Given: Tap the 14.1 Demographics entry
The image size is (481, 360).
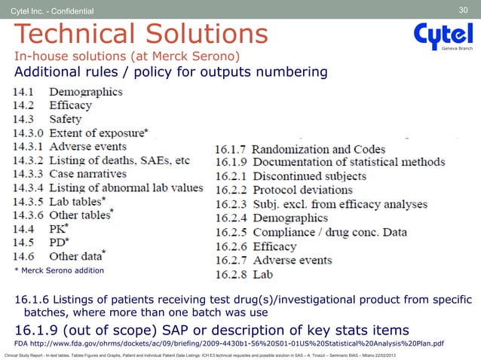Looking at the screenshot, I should pyautogui.click(x=67, y=92).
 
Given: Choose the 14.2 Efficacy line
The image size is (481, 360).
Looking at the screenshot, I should pyautogui.click(x=60, y=105).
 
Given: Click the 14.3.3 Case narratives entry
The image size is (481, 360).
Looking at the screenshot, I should pyautogui.click(x=76, y=174).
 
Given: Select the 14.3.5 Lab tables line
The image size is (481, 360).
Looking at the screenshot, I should pyautogui.click(x=69, y=201).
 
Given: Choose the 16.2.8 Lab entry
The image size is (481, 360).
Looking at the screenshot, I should pyautogui.click(x=244, y=274).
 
